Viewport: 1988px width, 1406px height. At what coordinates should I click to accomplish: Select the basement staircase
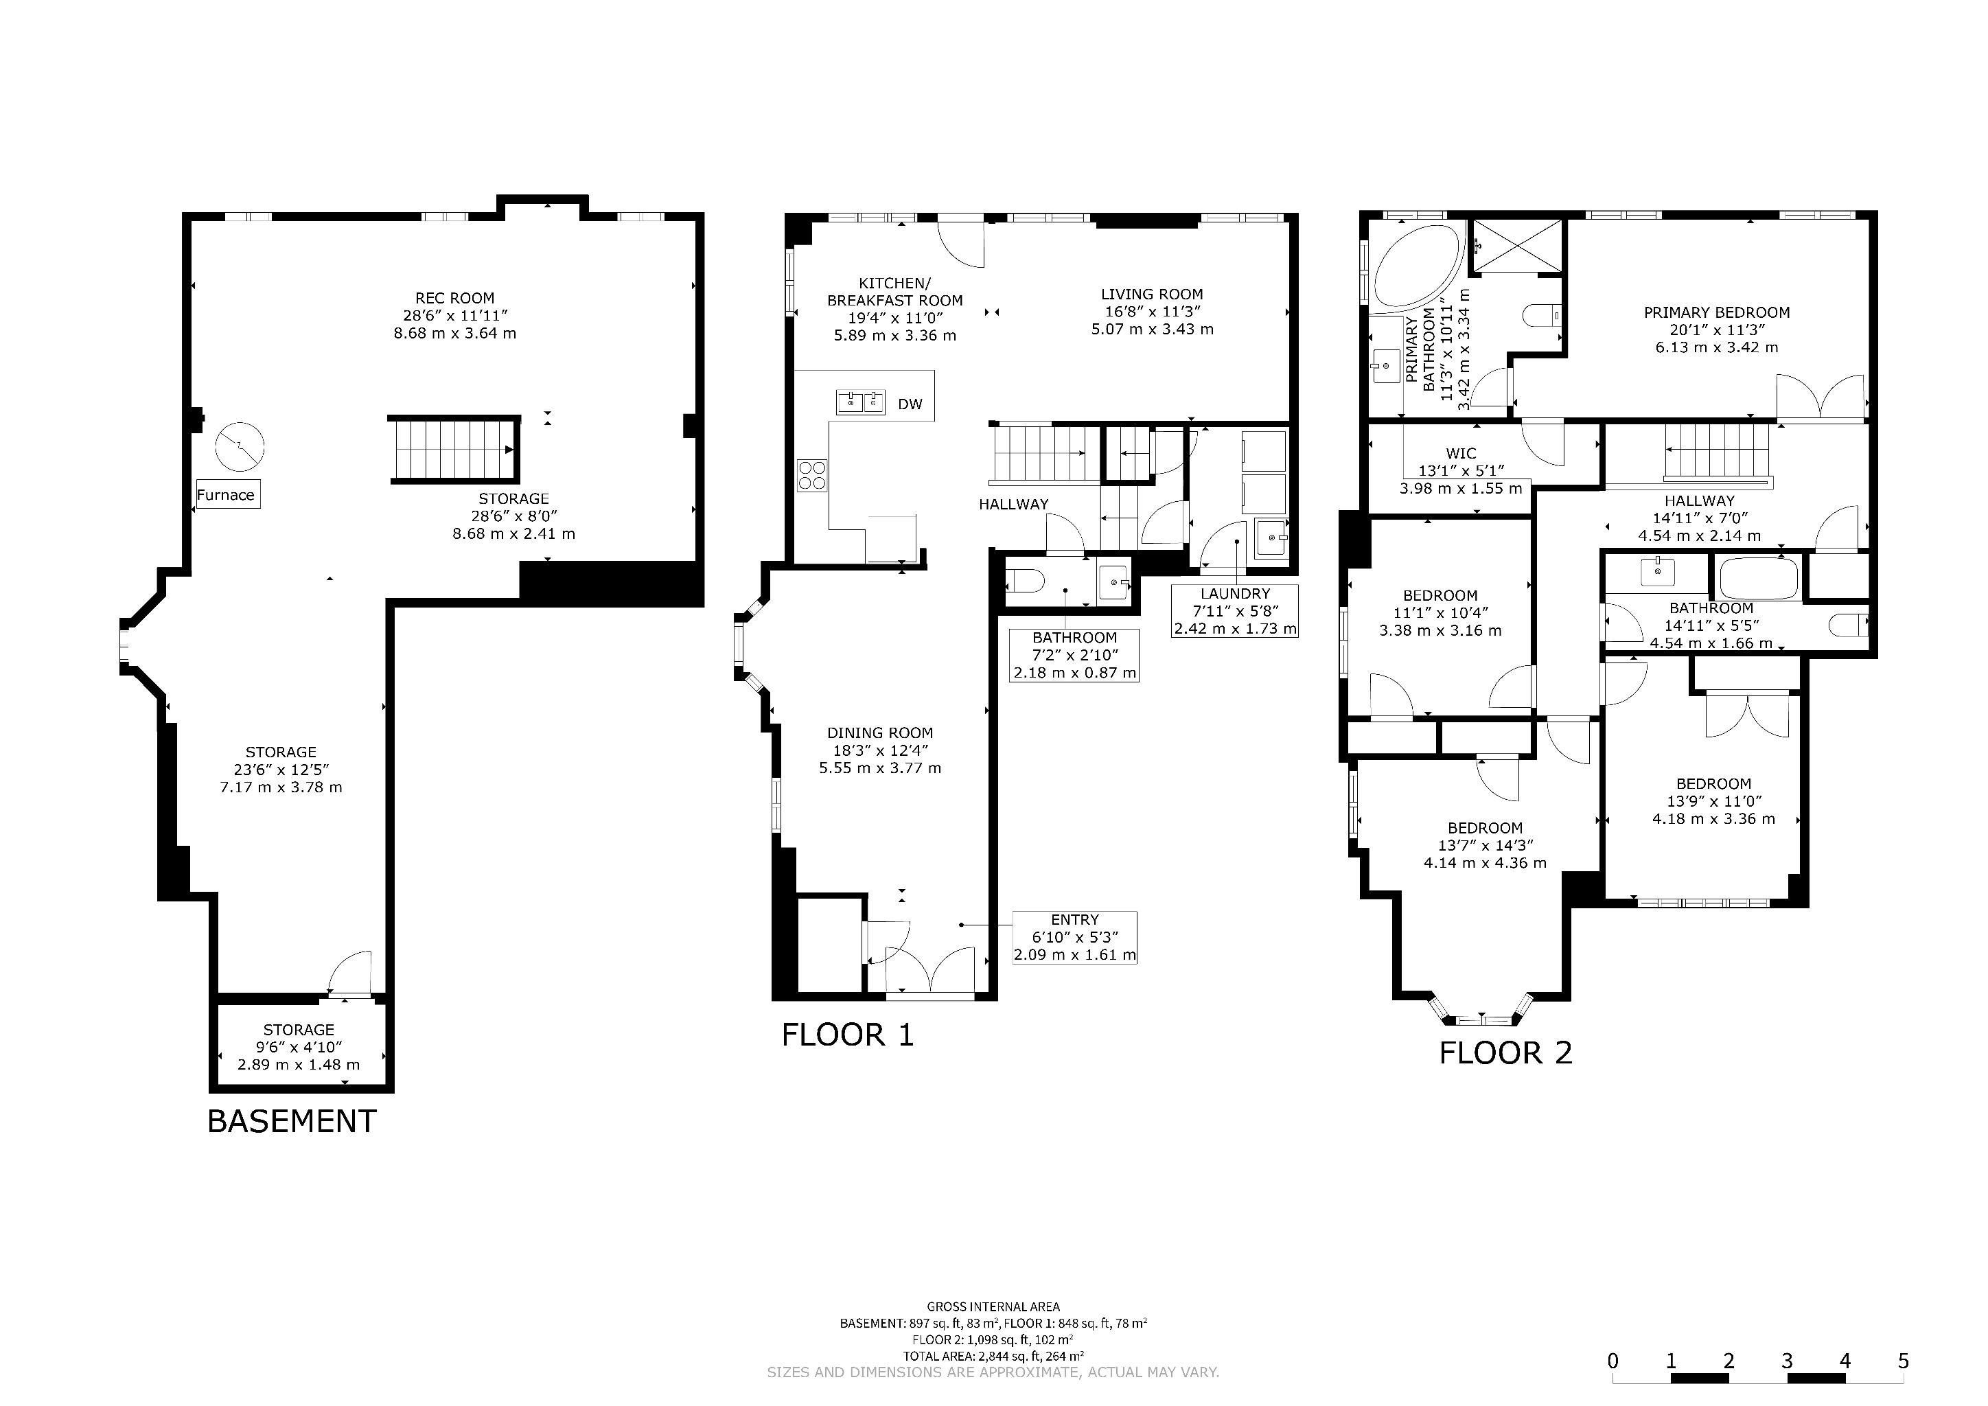tap(454, 450)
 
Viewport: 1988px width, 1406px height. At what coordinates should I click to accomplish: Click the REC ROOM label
tap(454, 298)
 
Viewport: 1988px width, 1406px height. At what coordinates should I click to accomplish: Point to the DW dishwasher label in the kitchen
tap(910, 404)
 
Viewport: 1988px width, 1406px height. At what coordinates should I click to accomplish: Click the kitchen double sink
tap(861, 402)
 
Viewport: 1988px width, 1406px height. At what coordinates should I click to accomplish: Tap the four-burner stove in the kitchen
tap(812, 475)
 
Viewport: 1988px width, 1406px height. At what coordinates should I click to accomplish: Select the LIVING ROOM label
tap(1152, 295)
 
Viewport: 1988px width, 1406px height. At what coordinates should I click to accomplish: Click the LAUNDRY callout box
tap(1235, 611)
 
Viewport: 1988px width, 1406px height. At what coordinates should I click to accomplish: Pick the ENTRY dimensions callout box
tap(1074, 938)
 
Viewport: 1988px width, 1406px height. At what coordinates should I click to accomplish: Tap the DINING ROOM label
tap(880, 733)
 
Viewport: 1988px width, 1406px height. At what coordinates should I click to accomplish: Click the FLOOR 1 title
tap(848, 1035)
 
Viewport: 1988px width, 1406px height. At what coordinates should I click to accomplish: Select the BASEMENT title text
tap(292, 1121)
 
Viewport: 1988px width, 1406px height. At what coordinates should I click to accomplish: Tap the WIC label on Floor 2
tap(1461, 454)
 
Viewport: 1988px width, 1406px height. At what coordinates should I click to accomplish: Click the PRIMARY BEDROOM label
tap(1716, 312)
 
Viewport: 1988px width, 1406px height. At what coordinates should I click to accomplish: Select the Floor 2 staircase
tap(1718, 451)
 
